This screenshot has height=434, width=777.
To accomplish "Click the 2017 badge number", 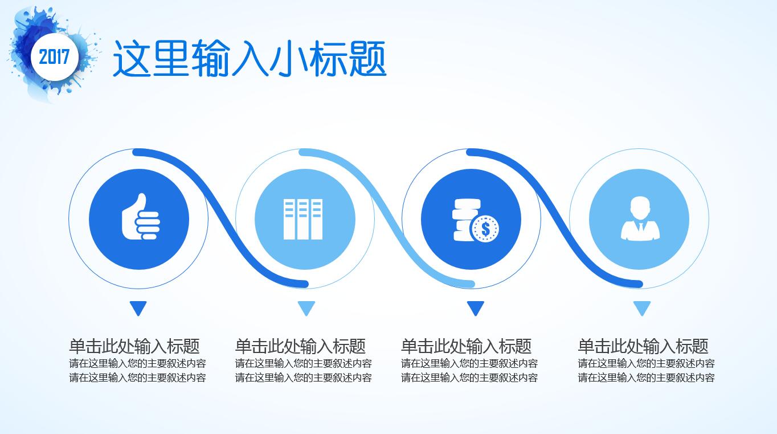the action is (54, 56).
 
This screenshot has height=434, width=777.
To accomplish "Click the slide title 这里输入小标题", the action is (250, 58).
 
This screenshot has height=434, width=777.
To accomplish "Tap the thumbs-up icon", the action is (141, 216).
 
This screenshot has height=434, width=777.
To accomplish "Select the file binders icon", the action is (303, 219).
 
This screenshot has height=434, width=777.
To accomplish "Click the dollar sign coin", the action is (485, 229).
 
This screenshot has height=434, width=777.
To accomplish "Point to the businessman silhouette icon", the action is (640, 218).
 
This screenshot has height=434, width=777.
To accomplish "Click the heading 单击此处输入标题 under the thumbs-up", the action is (134, 346).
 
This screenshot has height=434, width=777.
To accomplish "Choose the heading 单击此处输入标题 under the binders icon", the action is (300, 346).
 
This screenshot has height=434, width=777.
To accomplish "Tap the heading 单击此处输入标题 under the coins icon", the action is (466, 346).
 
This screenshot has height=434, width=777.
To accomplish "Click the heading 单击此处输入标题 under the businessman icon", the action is (643, 346).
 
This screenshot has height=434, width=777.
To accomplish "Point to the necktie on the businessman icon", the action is (641, 228).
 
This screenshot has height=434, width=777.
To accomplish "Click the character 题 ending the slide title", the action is (368, 58).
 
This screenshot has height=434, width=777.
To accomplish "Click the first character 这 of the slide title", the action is (132, 58).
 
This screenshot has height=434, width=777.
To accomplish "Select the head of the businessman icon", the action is (640, 208).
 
